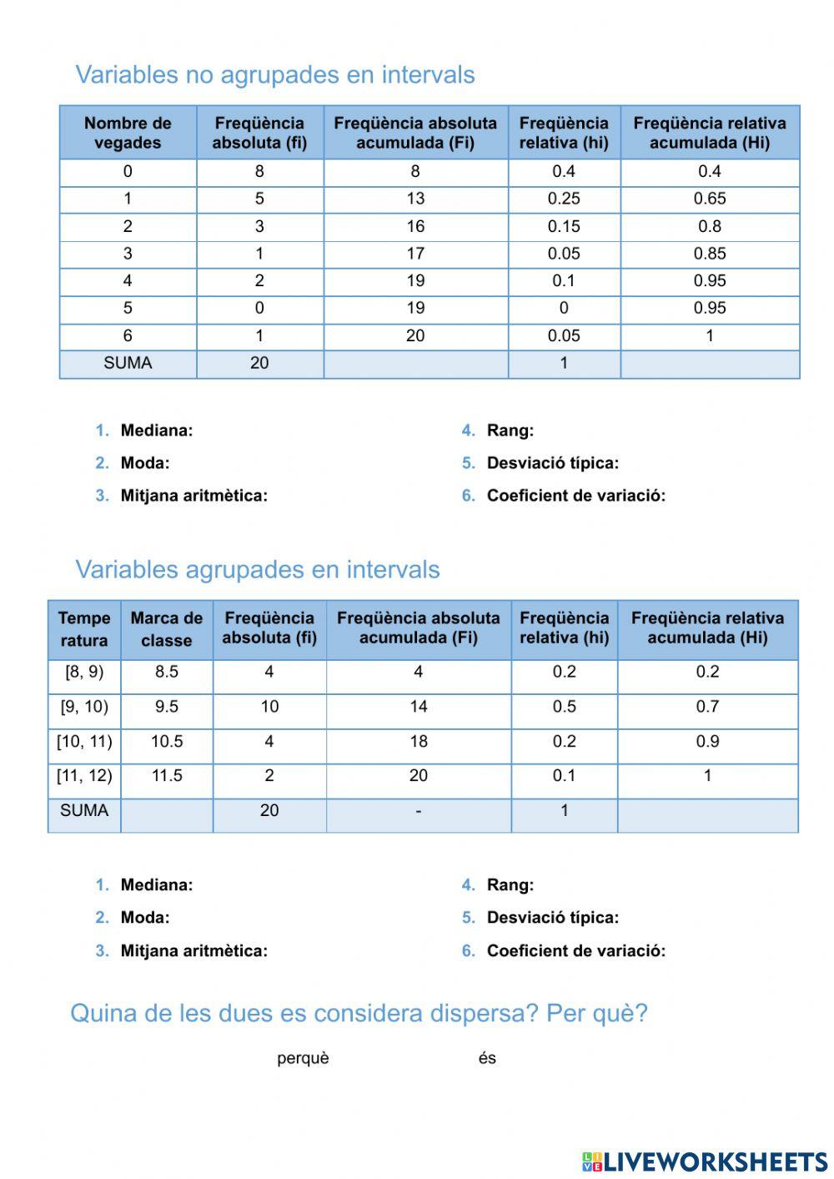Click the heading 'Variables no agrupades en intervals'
tap(274, 74)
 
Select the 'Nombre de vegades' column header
tap(128, 133)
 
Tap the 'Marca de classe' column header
tap(166, 629)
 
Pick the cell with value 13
tap(415, 199)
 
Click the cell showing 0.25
tap(564, 199)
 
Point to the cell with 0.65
tap(709, 199)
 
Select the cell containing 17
tap(415, 254)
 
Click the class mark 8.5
tap(166, 672)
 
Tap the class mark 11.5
tap(166, 776)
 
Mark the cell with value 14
tap(418, 707)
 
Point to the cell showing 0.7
tap(707, 707)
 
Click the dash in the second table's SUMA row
tap(418, 811)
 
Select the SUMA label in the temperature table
tap(84, 810)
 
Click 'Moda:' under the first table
tap(144, 463)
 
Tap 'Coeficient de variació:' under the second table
tap(575, 950)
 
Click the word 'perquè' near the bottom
tap(303, 1058)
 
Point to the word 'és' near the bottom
tap(487, 1058)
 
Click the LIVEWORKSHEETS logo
tap(705, 1161)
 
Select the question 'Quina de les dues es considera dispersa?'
tap(359, 1013)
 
